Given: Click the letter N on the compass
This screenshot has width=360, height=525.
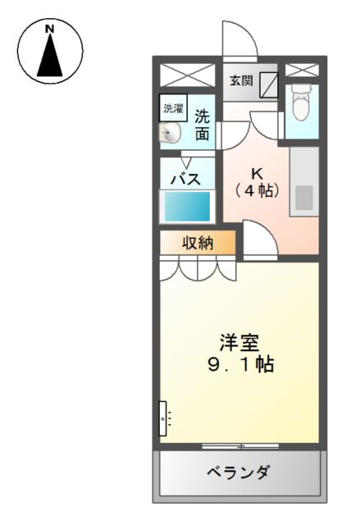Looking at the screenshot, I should pos(50,30).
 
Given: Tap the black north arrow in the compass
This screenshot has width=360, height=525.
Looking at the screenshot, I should pos(50,57).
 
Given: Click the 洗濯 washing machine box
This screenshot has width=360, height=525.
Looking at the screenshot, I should pos(173,107).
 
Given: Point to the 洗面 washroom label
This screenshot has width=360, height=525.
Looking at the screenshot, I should pos(202,124).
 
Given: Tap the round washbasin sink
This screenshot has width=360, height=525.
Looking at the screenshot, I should pos(171,132).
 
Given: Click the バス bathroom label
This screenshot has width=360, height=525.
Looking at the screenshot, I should pos(186,179).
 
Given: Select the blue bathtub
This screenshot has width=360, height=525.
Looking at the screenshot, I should pos(188,205).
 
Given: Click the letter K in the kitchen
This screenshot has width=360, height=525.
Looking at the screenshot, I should pos(257,174).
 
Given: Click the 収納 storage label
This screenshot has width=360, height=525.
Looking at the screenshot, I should pos(198,242).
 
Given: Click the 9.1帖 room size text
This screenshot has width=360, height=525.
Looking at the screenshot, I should pos(239,364).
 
